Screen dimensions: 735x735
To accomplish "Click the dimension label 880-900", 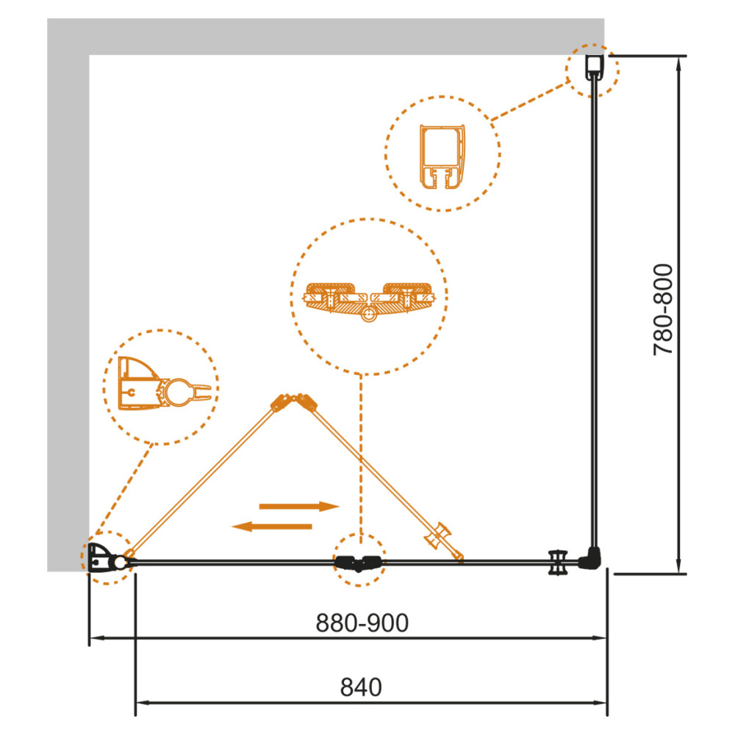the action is pyautogui.click(x=362, y=623).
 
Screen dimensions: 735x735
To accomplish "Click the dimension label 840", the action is pyautogui.click(x=361, y=688).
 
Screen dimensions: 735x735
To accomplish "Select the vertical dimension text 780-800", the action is pyautogui.click(x=663, y=310).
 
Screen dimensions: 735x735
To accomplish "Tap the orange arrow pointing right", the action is pyautogui.click(x=299, y=506).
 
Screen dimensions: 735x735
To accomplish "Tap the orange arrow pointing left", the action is pyautogui.click(x=272, y=526).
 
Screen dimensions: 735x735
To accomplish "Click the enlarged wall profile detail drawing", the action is pyautogui.click(x=442, y=157).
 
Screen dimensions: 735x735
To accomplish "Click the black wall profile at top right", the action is pyautogui.click(x=595, y=68).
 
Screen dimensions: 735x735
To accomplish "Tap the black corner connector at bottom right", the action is pyautogui.click(x=590, y=559).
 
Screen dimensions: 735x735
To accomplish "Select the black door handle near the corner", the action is pyautogui.click(x=558, y=562).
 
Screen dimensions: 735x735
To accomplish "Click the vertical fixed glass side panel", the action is pyautogui.click(x=594, y=313).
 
